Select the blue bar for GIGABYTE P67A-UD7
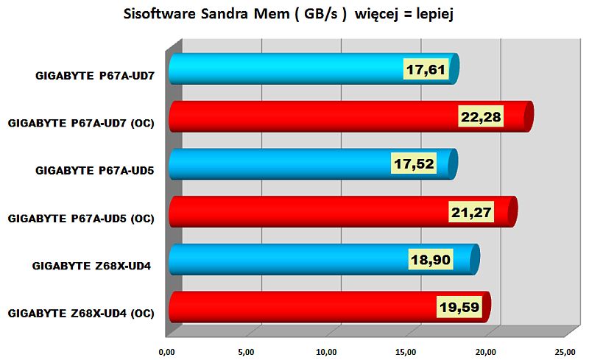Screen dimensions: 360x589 tap(287, 69)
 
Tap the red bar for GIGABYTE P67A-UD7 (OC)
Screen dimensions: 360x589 tap(309, 117)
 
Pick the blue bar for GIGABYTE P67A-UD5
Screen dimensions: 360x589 tap(280, 164)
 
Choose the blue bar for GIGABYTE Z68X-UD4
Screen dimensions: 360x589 tap(287, 259)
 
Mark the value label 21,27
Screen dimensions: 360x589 tap(471, 212)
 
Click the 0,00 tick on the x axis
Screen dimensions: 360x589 tap(168, 350)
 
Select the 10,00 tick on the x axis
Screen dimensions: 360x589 tap(327, 350)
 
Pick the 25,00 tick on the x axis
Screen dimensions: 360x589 tap(565, 350)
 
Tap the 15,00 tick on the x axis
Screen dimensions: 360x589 tap(407, 350)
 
